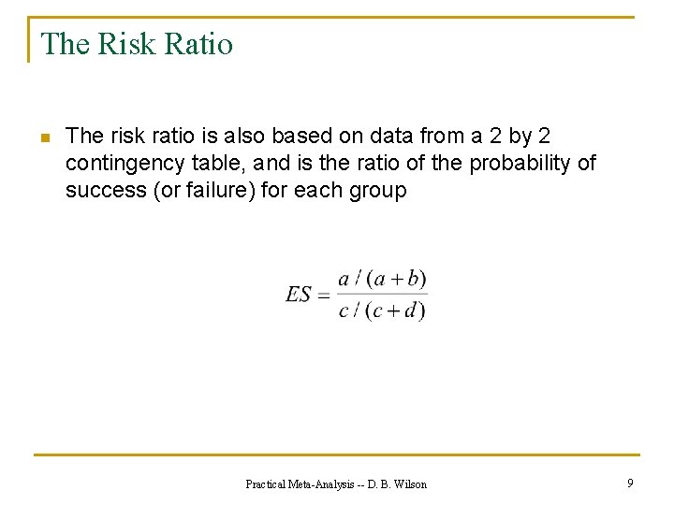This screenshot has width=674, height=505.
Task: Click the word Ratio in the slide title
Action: click(x=199, y=44)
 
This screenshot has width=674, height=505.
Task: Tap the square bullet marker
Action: click(x=44, y=139)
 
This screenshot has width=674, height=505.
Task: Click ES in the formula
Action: click(x=299, y=295)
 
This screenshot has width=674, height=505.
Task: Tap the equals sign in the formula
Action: click(x=324, y=296)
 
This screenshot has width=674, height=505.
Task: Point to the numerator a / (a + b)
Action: click(x=382, y=279)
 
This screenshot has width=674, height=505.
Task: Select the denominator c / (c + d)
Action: click(x=382, y=310)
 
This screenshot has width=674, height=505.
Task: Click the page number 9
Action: click(x=630, y=483)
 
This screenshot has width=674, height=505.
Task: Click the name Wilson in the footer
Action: click(x=409, y=483)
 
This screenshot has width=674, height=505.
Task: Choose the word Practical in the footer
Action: click(x=266, y=483)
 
